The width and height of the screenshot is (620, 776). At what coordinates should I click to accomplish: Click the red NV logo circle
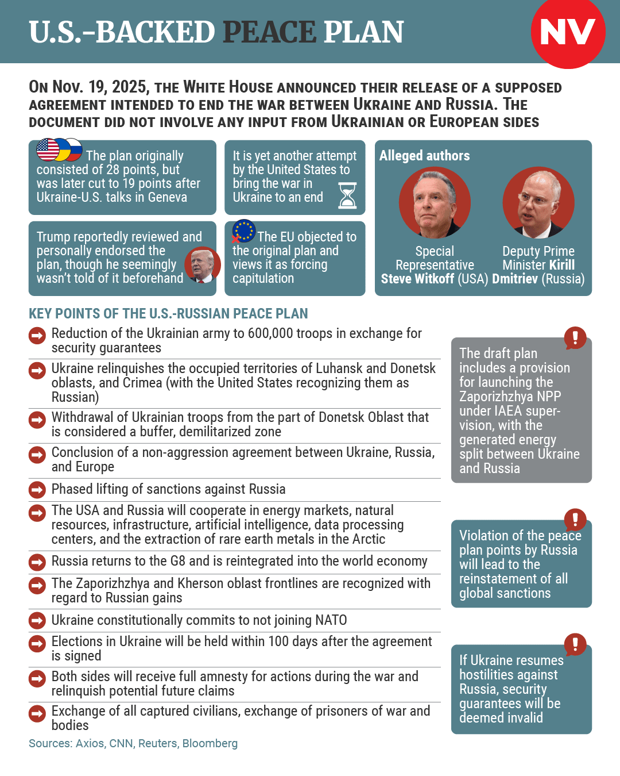click(x=568, y=32)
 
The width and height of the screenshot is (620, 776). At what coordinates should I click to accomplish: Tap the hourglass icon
click(x=347, y=195)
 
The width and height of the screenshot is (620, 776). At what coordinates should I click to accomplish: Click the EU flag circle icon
click(x=244, y=231)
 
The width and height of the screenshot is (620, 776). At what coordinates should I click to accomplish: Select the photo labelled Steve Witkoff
click(x=435, y=202)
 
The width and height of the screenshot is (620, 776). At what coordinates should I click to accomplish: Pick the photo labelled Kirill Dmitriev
click(x=538, y=202)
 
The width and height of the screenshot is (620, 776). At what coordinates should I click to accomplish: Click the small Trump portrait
click(x=202, y=264)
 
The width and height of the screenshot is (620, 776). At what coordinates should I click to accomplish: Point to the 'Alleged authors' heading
click(x=424, y=156)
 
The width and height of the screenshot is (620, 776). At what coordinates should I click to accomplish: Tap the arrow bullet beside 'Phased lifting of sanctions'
click(x=37, y=490)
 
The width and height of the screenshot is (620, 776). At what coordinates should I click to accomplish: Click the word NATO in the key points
click(x=331, y=620)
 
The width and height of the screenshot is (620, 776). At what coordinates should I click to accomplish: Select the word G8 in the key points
click(x=177, y=561)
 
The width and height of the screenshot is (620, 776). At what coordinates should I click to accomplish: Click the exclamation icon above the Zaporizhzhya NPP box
click(x=575, y=337)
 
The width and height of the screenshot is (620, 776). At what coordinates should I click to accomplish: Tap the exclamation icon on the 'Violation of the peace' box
click(x=575, y=520)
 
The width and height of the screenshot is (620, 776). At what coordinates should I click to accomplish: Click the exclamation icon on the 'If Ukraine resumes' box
click(x=575, y=644)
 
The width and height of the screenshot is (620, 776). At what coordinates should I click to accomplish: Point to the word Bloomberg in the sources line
click(x=210, y=743)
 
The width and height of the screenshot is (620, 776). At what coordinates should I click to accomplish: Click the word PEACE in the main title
click(x=269, y=32)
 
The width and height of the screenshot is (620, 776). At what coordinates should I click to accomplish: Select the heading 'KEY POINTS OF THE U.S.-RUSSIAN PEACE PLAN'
click(x=168, y=313)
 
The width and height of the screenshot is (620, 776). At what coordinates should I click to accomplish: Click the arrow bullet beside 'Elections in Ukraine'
click(x=37, y=643)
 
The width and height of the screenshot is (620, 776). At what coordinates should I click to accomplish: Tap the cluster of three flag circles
click(x=59, y=149)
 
